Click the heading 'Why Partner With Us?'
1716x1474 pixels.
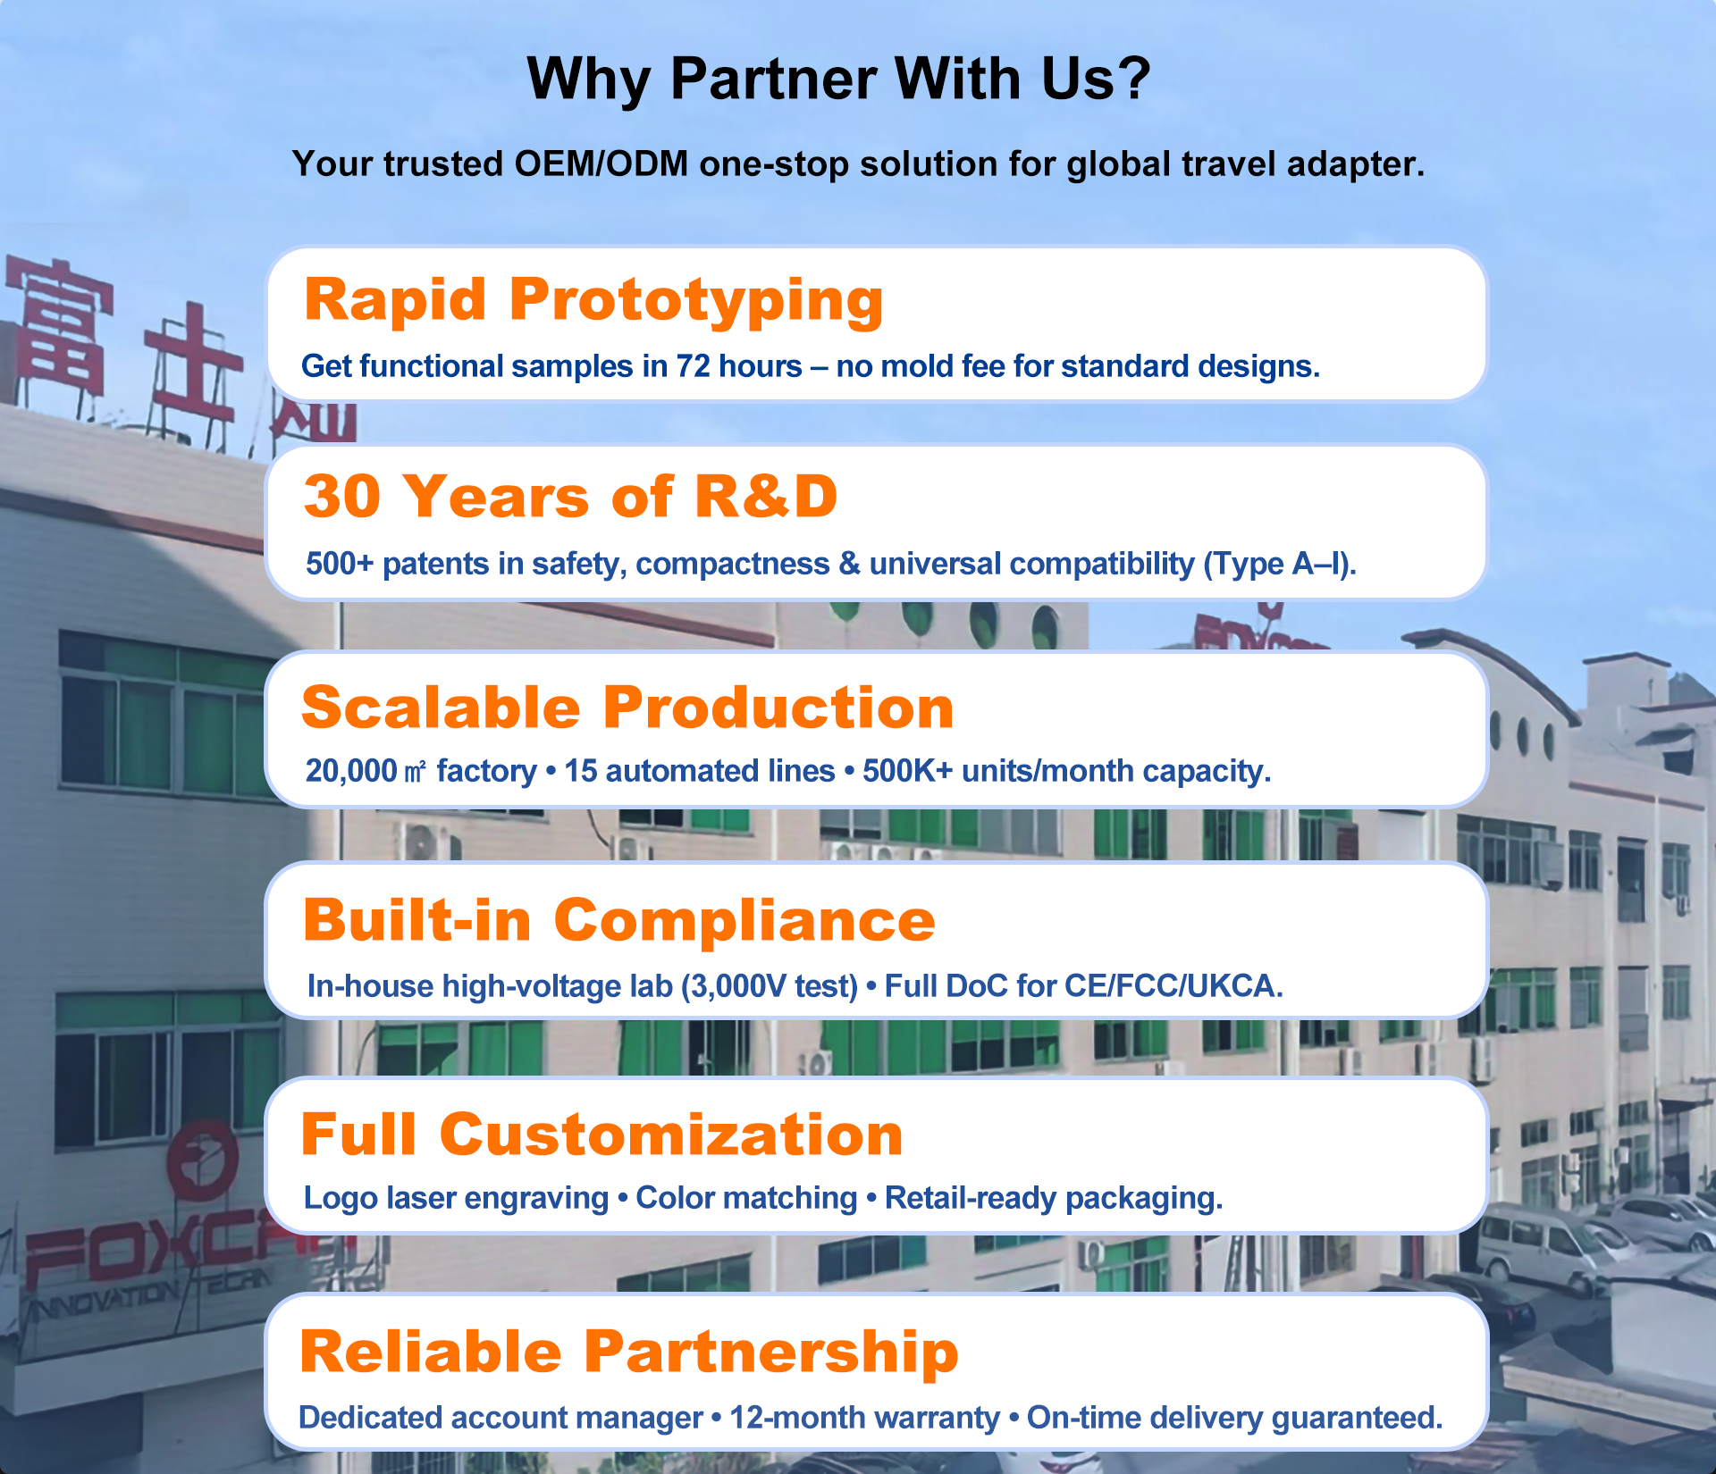tap(838, 79)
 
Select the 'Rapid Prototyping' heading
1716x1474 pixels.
tap(593, 301)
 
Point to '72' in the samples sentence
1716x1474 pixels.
tap(693, 366)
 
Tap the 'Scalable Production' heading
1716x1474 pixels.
tap(627, 708)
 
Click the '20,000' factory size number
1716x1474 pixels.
tap(351, 771)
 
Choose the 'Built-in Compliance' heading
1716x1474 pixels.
tap(618, 920)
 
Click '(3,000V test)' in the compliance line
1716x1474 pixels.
tap(770, 986)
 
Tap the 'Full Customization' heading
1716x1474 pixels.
tap(601, 1135)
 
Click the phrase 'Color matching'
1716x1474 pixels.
tap(746, 1199)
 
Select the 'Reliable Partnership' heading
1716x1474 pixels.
tap(629, 1353)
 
